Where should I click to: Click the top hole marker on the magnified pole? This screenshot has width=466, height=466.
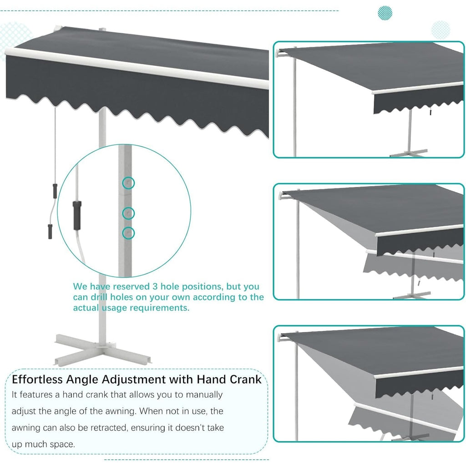pyautogui.click(x=129, y=183)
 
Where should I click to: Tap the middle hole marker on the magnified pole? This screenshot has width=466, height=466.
pyautogui.click(x=129, y=213)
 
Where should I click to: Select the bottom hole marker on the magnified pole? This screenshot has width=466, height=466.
pyautogui.click(x=129, y=233)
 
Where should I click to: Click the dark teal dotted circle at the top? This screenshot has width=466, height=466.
pyautogui.click(x=385, y=13)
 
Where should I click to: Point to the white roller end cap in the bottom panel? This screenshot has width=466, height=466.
pyautogui.click(x=281, y=338)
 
